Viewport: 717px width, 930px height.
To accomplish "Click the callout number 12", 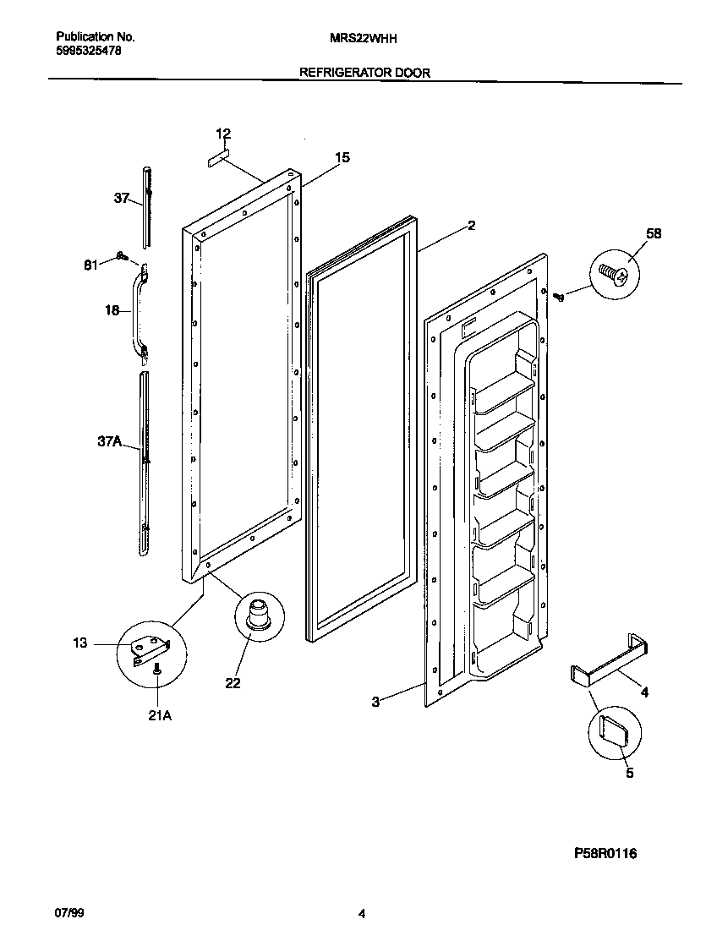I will [223, 134].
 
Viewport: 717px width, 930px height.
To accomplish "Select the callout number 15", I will [342, 157].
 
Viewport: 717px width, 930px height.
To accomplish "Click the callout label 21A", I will [159, 714].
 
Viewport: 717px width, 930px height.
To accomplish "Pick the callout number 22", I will [233, 683].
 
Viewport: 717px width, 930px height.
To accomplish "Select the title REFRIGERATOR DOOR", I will [364, 73].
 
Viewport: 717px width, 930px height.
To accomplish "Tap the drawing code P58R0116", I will [605, 854].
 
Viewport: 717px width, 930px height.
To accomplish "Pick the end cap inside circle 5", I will [612, 728].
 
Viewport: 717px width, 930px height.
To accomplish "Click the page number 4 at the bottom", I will [362, 913].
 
